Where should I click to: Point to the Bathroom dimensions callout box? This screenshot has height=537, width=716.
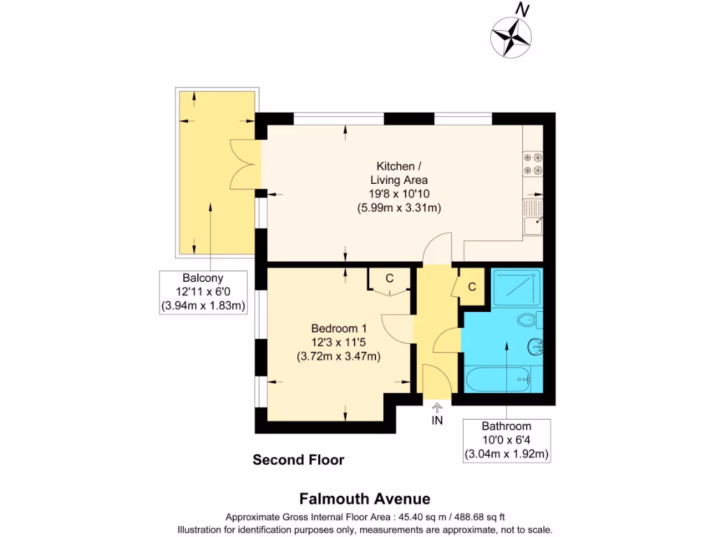pyautogui.click(x=506, y=440)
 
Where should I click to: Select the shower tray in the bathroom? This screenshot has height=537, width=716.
pyautogui.click(x=515, y=287)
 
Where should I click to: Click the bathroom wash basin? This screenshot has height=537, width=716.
pyautogui.click(x=536, y=346)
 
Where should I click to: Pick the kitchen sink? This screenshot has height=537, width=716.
pyautogui.click(x=533, y=216)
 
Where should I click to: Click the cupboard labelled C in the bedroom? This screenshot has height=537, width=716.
pyautogui.click(x=389, y=278)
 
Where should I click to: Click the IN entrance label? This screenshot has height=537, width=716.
pyautogui.click(x=437, y=420)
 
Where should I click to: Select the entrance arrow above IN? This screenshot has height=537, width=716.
pyautogui.click(x=437, y=408)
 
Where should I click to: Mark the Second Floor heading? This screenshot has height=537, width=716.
pyautogui.click(x=298, y=460)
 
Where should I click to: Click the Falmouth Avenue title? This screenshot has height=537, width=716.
pyautogui.click(x=364, y=499)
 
